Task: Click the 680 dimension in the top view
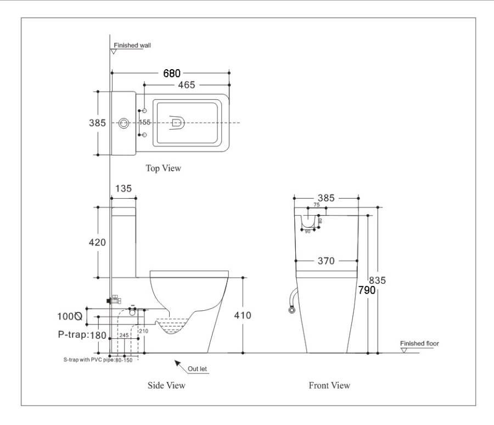171,74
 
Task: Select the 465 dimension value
186,85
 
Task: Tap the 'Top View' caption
163,169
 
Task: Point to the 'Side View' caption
166,385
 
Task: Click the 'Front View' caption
329,385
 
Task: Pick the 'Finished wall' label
132,46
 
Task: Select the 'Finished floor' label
419,344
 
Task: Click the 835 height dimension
377,280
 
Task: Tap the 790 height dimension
367,290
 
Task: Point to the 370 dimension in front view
326,261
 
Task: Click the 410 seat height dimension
242,315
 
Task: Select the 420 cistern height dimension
98,242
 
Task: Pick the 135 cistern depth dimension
123,188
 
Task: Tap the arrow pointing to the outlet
178,364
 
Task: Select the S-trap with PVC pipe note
97,360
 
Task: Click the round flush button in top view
123,122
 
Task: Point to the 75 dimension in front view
316,205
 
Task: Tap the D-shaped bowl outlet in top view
177,122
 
